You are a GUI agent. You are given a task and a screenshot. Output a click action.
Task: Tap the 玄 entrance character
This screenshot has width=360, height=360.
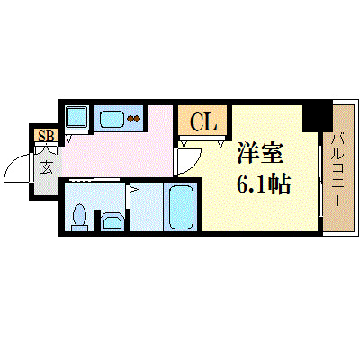pyautogui.click(x=45, y=166)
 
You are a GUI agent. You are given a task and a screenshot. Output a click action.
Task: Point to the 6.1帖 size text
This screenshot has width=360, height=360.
pyautogui.click(x=263, y=184)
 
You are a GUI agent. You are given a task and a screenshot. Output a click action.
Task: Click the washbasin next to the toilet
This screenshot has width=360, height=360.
pyautogui.click(x=112, y=220)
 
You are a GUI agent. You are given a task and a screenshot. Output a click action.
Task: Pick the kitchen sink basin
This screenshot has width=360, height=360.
pyautogui.click(x=112, y=118)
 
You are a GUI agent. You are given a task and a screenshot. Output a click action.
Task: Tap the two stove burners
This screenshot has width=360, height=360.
pyautogui.click(x=135, y=118)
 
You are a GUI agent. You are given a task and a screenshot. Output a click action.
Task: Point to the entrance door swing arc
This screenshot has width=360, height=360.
pyautogui.click(x=18, y=170)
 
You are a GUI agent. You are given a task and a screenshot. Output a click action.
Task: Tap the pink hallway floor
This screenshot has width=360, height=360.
pyautogui.click(x=144, y=148)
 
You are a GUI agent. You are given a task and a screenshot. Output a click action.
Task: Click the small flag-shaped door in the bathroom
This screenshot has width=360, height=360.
pyautogui.click(x=133, y=191)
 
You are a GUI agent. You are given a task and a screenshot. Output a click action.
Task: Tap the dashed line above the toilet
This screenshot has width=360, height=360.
pyautogui.click(x=94, y=181)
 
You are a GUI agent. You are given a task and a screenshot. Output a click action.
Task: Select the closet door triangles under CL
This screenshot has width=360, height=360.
pyautogui.click(x=202, y=141)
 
